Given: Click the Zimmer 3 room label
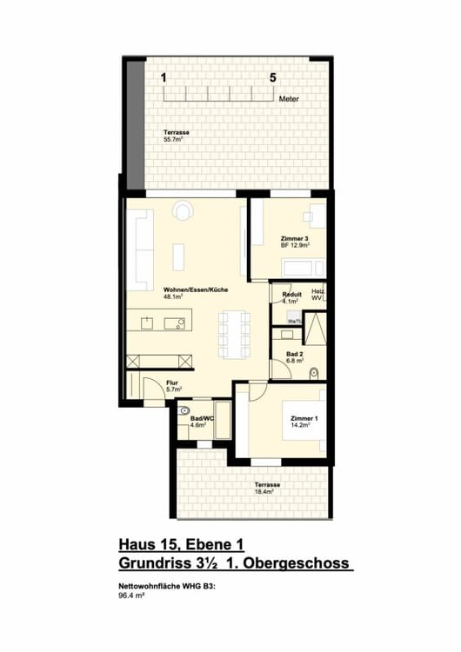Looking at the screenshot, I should [293, 238].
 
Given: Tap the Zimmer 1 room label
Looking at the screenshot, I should [304, 418].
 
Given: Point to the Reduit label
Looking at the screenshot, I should [292, 295].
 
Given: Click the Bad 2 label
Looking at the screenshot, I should [295, 354].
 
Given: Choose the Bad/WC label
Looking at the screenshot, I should [202, 419].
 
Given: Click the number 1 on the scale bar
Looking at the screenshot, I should [164, 77].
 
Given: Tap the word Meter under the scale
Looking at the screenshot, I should [289, 100].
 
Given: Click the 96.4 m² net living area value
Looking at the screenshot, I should [130, 597].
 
